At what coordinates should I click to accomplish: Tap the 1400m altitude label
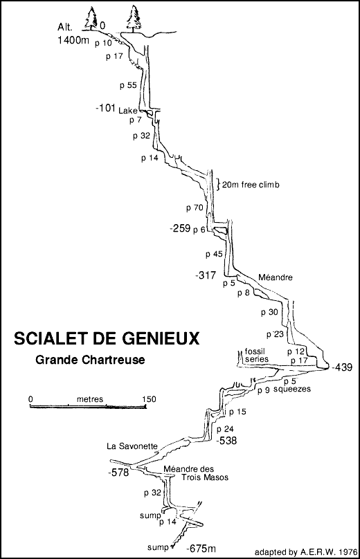(x=75, y=41)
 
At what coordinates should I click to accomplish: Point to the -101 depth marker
(x=107, y=109)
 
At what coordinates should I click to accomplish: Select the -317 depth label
(x=207, y=275)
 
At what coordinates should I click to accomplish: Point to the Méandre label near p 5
(x=276, y=277)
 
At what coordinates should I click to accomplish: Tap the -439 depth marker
(x=343, y=367)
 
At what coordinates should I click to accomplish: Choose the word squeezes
(x=293, y=390)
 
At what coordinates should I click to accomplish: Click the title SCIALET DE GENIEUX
(x=105, y=339)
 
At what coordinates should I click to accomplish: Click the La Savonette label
(x=134, y=446)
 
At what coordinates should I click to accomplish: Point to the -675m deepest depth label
(x=204, y=549)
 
